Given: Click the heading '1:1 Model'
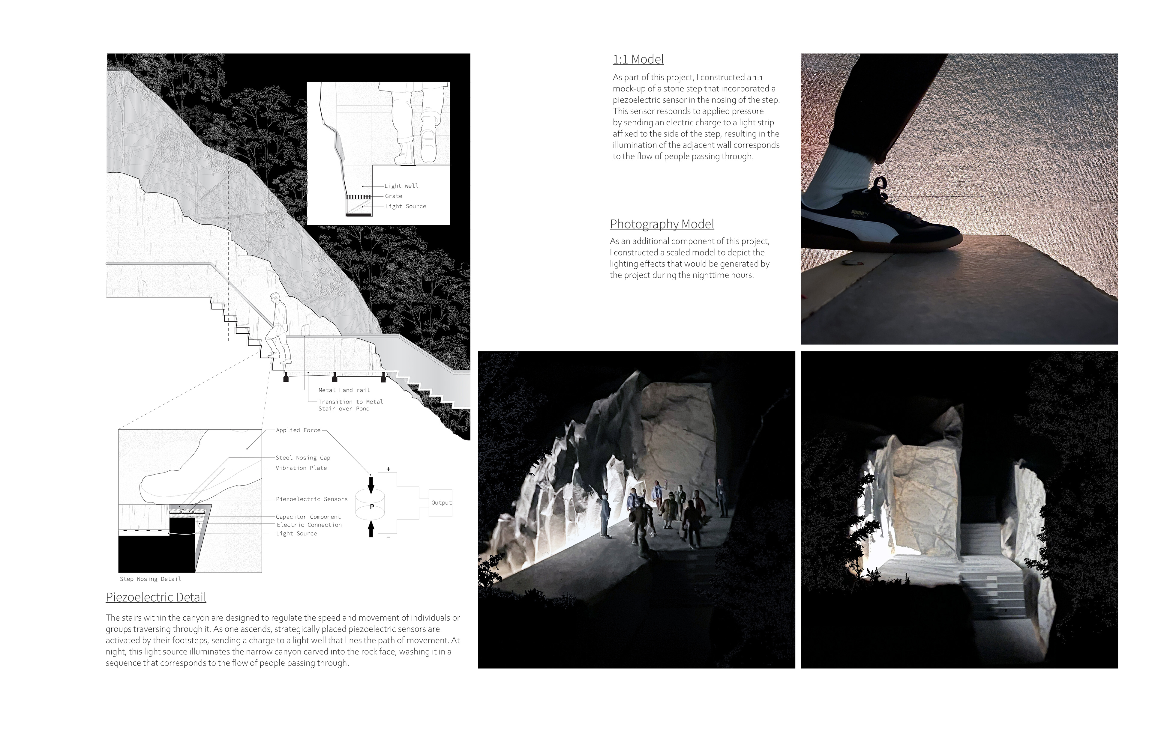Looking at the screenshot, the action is pos(638,59).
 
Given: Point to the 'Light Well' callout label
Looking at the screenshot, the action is pos(401,186).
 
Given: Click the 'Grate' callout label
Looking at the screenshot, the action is pos(394,196).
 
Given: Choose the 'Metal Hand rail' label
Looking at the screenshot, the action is pos(344,390).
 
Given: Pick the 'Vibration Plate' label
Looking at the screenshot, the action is pos(301,468).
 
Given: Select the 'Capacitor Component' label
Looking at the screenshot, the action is pos(308,517).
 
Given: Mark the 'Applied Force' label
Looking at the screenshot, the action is pos(298,430).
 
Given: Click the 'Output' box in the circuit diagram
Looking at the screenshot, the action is pos(441,503).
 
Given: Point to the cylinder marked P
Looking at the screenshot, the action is pos(371,506).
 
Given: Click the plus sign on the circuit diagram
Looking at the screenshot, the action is pos(388,469).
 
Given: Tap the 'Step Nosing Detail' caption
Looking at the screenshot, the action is pos(151,579).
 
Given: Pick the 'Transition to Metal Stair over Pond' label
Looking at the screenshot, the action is pos(350,405).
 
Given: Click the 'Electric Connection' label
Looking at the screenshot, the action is pos(309,525).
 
